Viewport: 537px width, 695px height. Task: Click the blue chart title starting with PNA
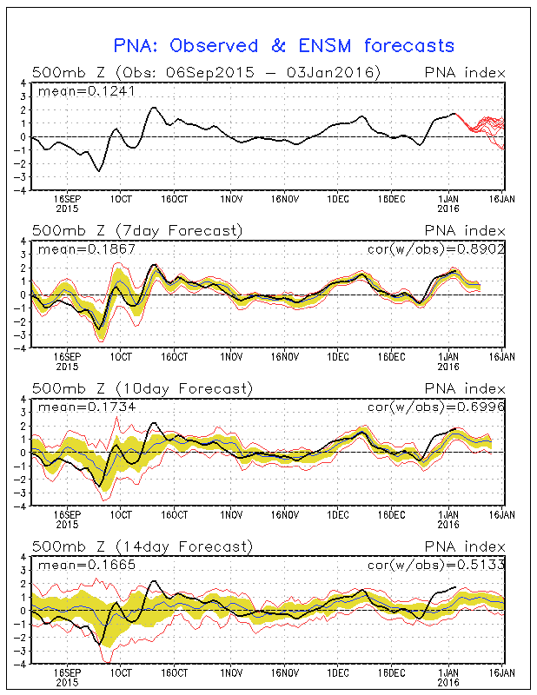(284, 44)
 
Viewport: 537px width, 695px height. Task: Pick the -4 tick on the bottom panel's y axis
(22, 664)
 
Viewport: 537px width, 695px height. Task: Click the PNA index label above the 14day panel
(463, 546)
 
